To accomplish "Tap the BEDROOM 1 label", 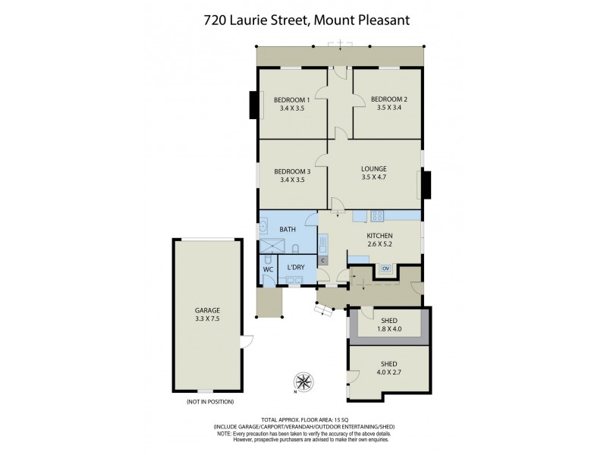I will pos(292,99).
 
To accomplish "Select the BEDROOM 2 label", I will pos(388,99).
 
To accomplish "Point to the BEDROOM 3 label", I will pos(292,171).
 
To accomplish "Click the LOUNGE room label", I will pos(375,168).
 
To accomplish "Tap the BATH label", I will pos(288,229).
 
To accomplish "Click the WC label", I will pos(268,269).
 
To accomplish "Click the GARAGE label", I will pos(206,310).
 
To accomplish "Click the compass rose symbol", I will pos(303,381).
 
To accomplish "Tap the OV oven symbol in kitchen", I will pos(385,268).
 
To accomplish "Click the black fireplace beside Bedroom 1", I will pos(253,105).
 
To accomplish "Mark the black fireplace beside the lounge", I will pos(426,184).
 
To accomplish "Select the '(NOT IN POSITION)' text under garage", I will pos(209,401).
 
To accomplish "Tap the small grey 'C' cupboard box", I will pos(323,260).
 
